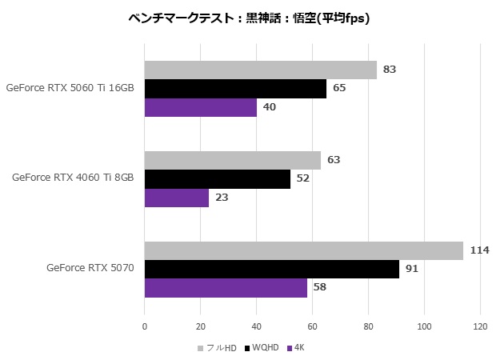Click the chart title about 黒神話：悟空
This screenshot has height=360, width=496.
click(248, 18)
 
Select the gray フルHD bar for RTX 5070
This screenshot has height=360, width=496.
click(303, 250)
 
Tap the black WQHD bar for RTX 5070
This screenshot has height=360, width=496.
click(271, 269)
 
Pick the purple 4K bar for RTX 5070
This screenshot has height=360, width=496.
click(226, 287)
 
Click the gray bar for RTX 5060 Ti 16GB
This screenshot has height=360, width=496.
click(260, 70)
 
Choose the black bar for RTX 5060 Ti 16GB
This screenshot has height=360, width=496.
click(235, 88)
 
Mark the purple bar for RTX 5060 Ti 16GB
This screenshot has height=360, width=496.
click(200, 107)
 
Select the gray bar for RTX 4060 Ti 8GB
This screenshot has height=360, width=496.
click(232, 160)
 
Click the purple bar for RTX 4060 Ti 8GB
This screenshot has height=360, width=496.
click(176, 198)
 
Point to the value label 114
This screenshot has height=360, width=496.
click(479, 250)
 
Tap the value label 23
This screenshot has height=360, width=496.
click(222, 198)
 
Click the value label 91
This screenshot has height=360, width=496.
click(412, 269)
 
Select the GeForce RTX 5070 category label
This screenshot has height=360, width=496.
click(90, 268)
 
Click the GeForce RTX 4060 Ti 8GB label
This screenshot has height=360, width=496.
click(73, 178)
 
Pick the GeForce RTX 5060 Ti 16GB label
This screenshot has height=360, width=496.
click(70, 88)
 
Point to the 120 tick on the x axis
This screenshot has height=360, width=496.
click(480, 326)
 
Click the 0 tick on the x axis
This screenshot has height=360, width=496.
click(145, 326)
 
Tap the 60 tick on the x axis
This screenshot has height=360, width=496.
click(313, 326)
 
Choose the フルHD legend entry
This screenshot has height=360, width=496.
click(218, 348)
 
